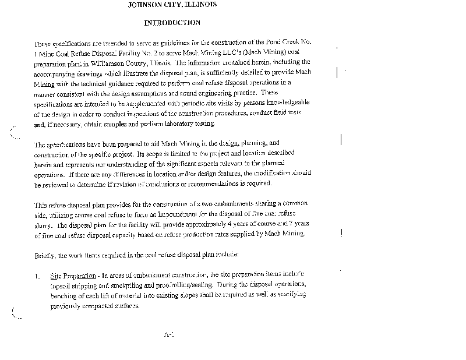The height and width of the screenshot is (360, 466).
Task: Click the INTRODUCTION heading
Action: pos(172,23)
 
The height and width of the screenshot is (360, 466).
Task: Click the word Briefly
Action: pos(45,254)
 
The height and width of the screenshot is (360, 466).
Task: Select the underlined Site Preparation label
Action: pos(70,274)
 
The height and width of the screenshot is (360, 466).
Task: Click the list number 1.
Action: pos(37,274)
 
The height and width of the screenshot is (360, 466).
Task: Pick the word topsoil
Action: pos(61,284)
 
